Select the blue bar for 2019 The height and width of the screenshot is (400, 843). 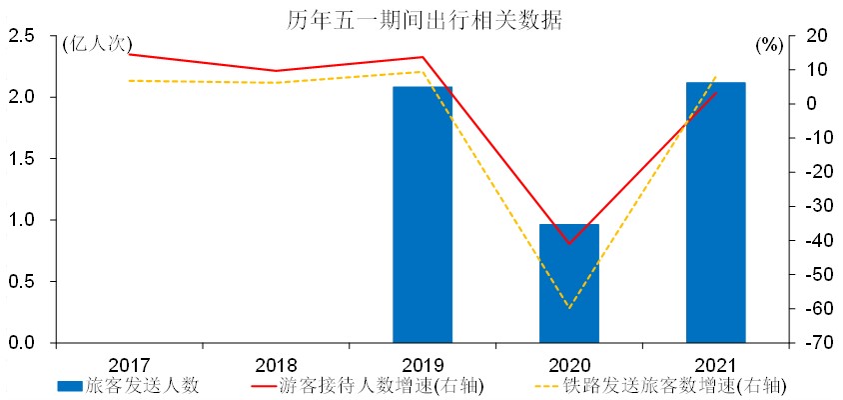(422, 215)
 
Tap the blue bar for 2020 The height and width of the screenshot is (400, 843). (569, 283)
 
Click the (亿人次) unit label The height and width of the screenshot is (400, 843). (96, 44)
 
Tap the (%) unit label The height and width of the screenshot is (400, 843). (769, 44)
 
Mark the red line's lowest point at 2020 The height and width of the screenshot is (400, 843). (569, 244)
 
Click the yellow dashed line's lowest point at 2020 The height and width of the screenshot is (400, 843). (569, 308)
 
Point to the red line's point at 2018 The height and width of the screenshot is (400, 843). (276, 71)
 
